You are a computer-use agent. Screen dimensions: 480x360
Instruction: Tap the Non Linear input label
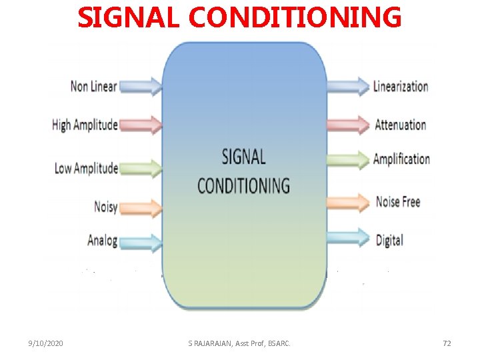click(x=93, y=86)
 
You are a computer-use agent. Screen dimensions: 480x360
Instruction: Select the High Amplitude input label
click(x=85, y=125)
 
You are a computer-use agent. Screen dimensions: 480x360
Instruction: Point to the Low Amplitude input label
click(x=86, y=168)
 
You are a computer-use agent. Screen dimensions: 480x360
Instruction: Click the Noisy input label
click(x=105, y=207)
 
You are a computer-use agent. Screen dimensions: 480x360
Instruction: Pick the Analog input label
click(x=102, y=240)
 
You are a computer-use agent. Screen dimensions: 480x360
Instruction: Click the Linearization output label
click(x=401, y=86)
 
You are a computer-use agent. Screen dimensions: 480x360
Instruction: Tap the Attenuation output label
click(x=400, y=125)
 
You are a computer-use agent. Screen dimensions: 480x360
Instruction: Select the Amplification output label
click(x=401, y=159)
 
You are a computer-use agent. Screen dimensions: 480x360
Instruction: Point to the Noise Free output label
click(x=398, y=201)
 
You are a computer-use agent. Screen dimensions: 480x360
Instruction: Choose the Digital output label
click(x=389, y=239)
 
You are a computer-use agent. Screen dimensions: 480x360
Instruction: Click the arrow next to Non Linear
click(x=142, y=86)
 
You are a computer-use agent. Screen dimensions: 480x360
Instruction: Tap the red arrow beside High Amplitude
click(x=142, y=125)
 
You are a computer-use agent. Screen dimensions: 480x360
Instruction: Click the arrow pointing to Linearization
click(x=348, y=86)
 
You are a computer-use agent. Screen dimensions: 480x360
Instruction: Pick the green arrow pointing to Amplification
click(x=348, y=159)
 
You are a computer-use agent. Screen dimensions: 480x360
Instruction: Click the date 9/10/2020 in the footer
click(x=46, y=343)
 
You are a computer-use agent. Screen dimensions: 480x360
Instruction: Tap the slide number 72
click(x=447, y=343)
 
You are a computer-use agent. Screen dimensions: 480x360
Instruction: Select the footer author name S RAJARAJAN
click(x=210, y=343)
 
